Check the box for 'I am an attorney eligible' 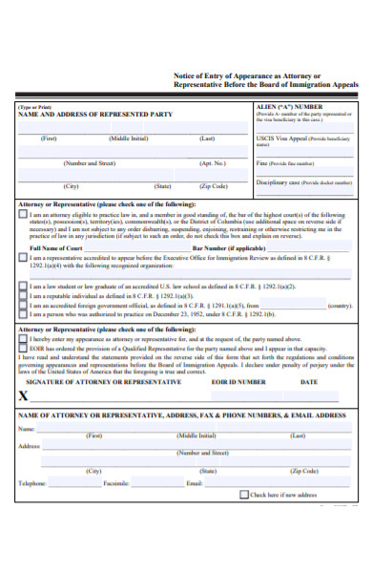coord(24,216)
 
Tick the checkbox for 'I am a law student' coord(24,286)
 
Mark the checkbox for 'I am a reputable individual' coord(24,296)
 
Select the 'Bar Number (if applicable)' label coord(230,248)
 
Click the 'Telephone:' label coord(33,484)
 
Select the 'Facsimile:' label coord(116,484)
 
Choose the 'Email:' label coord(195,484)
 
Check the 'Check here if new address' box coord(244,496)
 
